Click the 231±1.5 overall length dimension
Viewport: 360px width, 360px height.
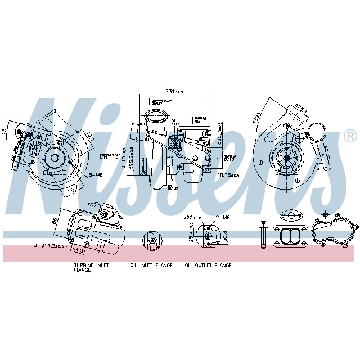pos(175,91)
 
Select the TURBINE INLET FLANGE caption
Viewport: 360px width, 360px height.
pos(91,267)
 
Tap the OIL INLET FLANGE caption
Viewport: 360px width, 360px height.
pos(150,265)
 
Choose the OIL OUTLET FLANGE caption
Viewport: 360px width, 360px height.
pos(208,265)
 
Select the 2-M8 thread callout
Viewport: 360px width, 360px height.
pos(223,217)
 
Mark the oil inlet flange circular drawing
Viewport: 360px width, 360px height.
pos(151,241)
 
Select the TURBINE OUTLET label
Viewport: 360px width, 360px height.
pos(200,119)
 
